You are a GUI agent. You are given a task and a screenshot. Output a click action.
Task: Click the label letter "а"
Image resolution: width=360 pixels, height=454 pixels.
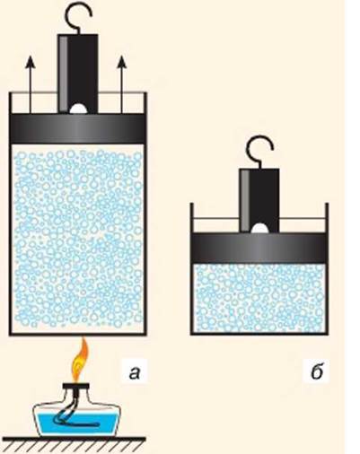tap(135, 372)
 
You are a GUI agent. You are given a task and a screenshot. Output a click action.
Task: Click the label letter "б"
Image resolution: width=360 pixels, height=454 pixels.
tap(317, 371)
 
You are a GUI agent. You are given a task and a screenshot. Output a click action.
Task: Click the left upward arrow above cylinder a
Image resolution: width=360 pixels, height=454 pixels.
tap(30, 84)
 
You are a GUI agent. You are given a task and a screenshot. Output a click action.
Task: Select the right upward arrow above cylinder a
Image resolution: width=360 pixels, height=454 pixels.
tap(121, 84)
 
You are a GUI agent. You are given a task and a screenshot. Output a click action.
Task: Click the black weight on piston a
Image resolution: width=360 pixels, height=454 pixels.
tap(78, 74)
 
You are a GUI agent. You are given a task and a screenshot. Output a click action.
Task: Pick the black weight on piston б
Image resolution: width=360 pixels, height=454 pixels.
tap(259, 200)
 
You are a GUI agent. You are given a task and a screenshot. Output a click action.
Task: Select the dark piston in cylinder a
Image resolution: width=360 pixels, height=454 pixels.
tap(78, 129)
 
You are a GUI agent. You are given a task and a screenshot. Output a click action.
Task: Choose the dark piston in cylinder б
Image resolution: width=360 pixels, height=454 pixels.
tap(259, 248)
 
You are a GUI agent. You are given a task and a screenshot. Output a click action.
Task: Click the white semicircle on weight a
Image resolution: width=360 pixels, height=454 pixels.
tap(78, 109)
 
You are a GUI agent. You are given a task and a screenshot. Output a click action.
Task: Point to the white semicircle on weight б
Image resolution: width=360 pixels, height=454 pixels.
tap(259, 228)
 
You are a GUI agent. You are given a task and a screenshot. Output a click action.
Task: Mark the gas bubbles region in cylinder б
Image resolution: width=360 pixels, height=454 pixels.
tap(259, 298)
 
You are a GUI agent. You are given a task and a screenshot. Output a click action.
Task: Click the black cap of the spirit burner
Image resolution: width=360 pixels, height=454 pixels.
tap(76, 386)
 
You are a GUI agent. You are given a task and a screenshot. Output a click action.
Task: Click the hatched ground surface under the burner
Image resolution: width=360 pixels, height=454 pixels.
tap(75, 445)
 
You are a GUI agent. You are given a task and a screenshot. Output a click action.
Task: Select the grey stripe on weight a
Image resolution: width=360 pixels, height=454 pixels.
tap(63, 74)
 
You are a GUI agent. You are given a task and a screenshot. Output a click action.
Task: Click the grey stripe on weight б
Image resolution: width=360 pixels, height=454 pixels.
tap(245, 200)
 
